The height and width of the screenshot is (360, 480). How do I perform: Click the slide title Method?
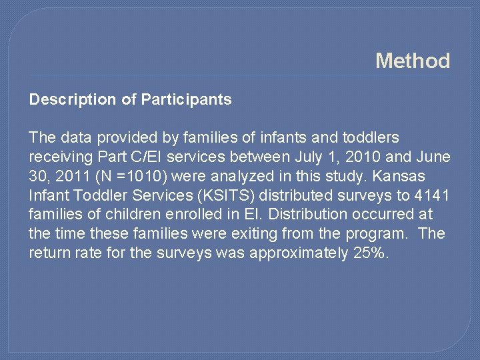(413, 61)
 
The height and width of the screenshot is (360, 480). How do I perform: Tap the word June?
(433, 157)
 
